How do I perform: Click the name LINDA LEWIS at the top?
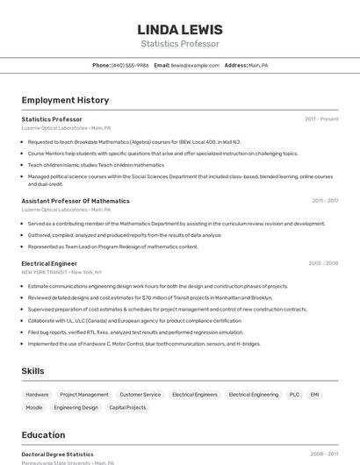(180, 30)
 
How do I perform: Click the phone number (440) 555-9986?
(129, 66)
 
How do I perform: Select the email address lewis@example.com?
(195, 66)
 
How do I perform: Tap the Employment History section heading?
(65, 101)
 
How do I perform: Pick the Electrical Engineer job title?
(49, 263)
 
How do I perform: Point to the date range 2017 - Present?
(321, 119)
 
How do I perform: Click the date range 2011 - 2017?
(325, 201)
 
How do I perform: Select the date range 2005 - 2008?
(323, 263)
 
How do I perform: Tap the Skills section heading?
(32, 371)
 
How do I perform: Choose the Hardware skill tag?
(37, 395)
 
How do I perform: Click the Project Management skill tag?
(84, 395)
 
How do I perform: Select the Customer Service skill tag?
(140, 395)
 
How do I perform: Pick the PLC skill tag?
(294, 395)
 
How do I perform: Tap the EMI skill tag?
(315, 395)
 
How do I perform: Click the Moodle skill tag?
(34, 408)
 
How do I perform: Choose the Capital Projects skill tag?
(127, 408)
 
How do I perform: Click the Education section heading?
(43, 435)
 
